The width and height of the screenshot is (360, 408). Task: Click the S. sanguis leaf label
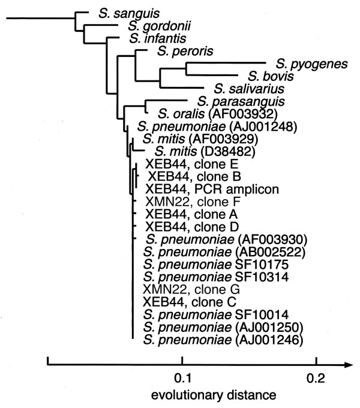[129, 14]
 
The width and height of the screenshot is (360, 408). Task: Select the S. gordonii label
[159, 26]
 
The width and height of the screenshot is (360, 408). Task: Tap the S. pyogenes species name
[311, 64]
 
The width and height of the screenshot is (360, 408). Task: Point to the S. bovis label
[271, 76]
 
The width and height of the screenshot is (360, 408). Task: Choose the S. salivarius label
[249, 89]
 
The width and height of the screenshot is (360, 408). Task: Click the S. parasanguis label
[241, 101]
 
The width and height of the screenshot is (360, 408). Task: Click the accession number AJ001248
[263, 127]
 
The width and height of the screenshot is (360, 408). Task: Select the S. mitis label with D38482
[205, 151]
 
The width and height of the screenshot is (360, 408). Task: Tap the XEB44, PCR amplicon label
[212, 189]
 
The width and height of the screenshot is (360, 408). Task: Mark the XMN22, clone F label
[193, 202]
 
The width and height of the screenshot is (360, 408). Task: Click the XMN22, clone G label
[191, 290]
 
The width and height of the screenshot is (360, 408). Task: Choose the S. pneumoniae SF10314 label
[216, 277]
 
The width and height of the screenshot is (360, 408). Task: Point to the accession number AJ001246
[269, 340]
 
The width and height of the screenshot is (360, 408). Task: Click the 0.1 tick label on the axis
[182, 378]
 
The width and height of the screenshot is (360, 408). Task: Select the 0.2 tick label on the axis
[316, 378]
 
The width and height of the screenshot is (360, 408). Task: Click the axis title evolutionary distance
[214, 395]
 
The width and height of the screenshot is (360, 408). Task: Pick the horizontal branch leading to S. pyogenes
[226, 63]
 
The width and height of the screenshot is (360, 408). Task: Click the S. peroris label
[185, 51]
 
